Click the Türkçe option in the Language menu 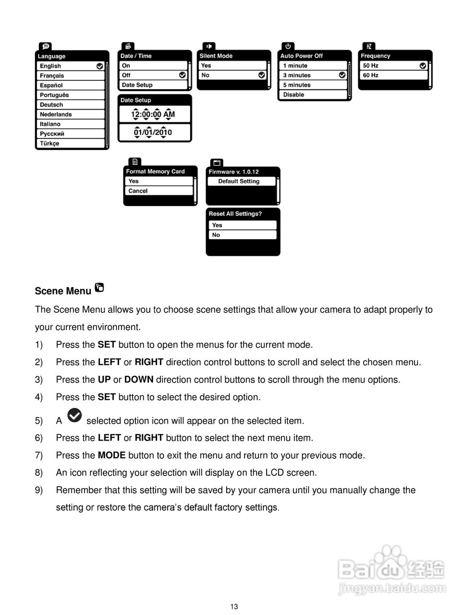(x=70, y=143)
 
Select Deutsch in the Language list (x=70, y=105)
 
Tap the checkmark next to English (x=99, y=66)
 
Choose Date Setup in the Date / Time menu (x=153, y=85)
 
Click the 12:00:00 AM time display (x=153, y=114)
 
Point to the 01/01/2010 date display (x=153, y=132)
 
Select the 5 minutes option (x=312, y=85)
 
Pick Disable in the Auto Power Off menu (x=312, y=95)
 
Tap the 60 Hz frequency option (x=393, y=75)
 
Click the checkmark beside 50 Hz (x=423, y=65)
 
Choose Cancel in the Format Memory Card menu (x=158, y=191)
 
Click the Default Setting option (x=241, y=181)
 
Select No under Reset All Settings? (x=243, y=235)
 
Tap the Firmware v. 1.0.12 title (x=234, y=172)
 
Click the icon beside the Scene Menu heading (x=99, y=288)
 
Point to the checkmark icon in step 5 (x=74, y=415)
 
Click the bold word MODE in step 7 (x=111, y=455)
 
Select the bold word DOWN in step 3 (x=139, y=380)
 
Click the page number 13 (x=234, y=606)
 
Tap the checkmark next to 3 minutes (x=342, y=75)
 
